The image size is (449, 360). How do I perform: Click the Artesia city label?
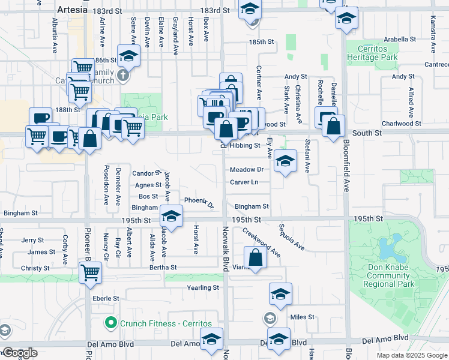click(x=72, y=10)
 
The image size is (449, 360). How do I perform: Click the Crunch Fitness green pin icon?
click(x=110, y=322)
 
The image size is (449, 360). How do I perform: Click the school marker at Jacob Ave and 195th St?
click(x=171, y=217)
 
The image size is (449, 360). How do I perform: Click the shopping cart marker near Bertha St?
click(x=90, y=273)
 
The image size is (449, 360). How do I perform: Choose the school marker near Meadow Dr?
click(x=285, y=161)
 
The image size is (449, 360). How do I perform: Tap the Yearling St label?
click(x=203, y=288)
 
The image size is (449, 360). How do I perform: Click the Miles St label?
click(x=302, y=317)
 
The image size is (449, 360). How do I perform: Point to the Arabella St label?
click(x=400, y=40)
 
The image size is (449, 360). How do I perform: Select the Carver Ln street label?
click(x=244, y=182)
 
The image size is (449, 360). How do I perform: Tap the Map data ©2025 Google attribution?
click(x=412, y=355)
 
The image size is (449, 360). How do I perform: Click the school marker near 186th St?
click(x=128, y=56)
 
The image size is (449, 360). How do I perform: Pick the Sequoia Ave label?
click(x=291, y=238)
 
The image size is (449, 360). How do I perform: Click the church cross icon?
click(x=123, y=76)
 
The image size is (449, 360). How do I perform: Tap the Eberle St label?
click(x=106, y=298)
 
